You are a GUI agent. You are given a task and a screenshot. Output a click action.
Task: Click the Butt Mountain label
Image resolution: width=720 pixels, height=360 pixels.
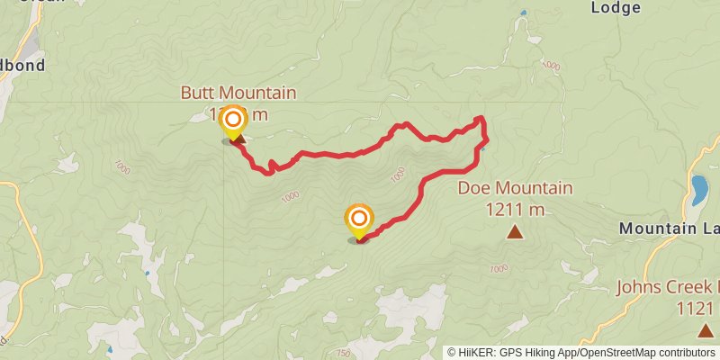tap(238, 93)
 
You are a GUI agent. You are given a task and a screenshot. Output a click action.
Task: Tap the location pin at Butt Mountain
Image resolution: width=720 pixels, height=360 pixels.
tap(234, 121)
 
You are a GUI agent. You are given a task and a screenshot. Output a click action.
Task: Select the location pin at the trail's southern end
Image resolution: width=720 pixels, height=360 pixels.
tap(359, 220)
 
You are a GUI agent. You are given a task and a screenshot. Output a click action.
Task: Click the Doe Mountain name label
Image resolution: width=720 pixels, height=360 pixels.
tap(515, 188)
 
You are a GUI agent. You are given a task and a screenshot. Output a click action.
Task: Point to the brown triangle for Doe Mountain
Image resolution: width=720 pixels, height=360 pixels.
tap(515, 232)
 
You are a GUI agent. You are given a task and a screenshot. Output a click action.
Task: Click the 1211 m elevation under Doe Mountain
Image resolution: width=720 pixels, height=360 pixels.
tap(515, 210)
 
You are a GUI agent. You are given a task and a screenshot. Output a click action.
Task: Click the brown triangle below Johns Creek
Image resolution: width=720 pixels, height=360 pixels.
tap(704, 330)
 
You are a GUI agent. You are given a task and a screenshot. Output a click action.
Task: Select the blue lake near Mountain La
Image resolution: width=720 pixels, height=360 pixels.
tap(699, 190)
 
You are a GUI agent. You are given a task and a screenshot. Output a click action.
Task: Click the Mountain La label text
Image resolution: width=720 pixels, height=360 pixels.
tap(669, 229)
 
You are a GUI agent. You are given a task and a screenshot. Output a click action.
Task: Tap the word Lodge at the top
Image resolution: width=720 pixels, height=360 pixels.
tap(616, 8)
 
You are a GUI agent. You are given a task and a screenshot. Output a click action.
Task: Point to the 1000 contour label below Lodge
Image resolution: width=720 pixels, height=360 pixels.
tap(551, 66)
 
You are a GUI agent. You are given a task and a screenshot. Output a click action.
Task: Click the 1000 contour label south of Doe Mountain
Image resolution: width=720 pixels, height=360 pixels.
tap(498, 269)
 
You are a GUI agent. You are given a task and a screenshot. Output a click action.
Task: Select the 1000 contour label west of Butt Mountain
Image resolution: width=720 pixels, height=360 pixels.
tap(123, 167)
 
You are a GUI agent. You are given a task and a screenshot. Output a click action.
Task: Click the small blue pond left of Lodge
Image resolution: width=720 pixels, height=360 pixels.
tap(523, 13)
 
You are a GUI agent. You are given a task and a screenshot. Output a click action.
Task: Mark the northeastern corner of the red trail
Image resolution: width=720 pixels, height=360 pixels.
tap(481, 119)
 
